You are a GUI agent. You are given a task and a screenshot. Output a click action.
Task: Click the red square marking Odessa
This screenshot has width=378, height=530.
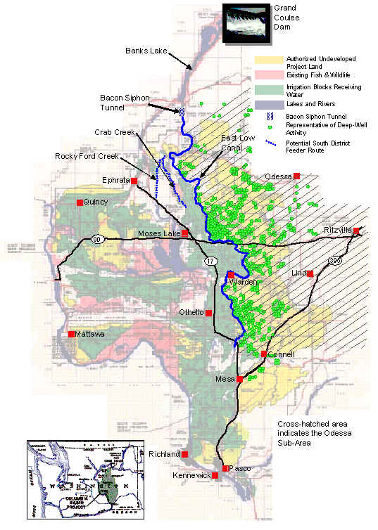[297, 176]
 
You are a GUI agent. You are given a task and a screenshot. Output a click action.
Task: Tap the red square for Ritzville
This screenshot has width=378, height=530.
[356, 231]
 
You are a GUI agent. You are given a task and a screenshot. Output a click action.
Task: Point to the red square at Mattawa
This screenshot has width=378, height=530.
[71, 334]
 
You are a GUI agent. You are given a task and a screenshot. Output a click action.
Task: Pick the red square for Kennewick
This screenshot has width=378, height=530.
[215, 476]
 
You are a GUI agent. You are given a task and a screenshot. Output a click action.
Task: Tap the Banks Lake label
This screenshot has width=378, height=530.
[145, 51]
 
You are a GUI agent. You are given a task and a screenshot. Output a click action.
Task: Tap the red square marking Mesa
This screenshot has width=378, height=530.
[239, 379]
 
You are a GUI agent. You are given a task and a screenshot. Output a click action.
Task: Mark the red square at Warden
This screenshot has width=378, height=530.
[230, 274]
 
